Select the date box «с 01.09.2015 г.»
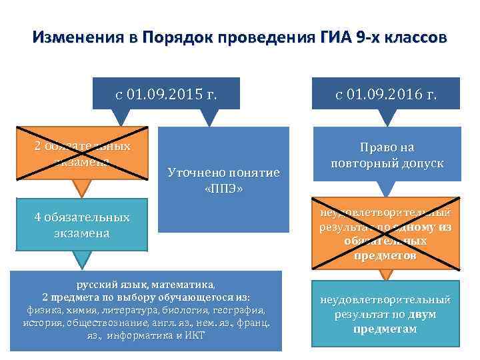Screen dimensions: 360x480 click(x=166, y=94)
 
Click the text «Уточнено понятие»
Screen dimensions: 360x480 click(x=223, y=173)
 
